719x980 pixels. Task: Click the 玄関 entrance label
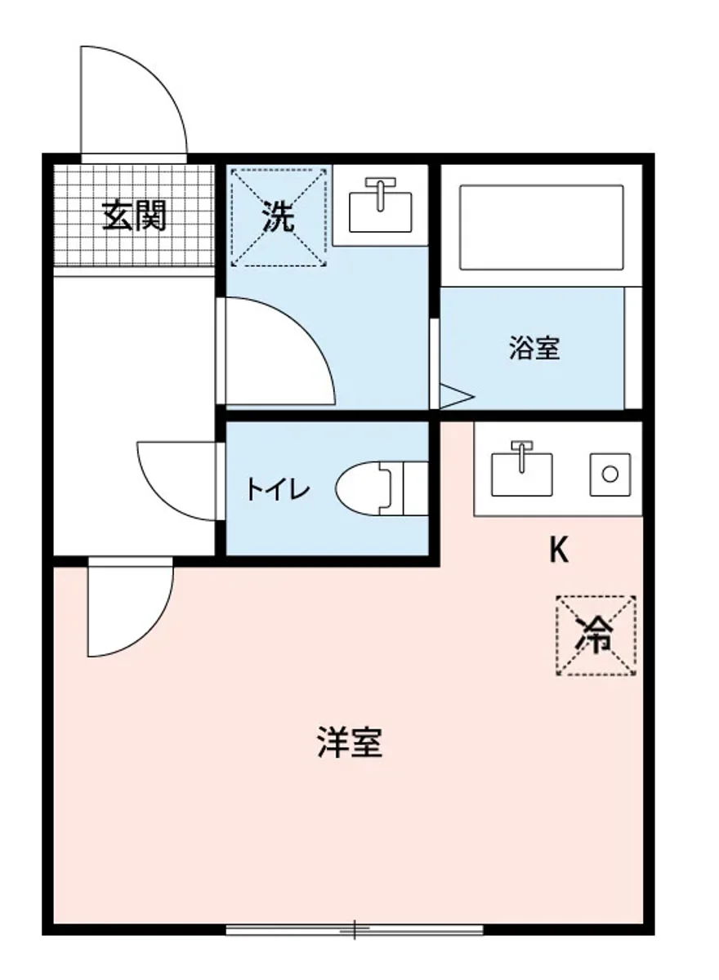point(135,216)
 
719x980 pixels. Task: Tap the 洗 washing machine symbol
point(278,216)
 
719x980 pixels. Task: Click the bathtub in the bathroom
point(541,227)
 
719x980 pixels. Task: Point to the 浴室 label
point(534,349)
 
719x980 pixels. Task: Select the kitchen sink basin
point(521,472)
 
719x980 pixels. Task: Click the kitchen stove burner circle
point(610,473)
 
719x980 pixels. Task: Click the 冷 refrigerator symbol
point(596,635)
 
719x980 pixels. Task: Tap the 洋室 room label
point(350,742)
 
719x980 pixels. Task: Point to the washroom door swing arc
point(278,351)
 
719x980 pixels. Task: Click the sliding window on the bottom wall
point(355,929)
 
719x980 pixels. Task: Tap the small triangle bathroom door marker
point(455,395)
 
